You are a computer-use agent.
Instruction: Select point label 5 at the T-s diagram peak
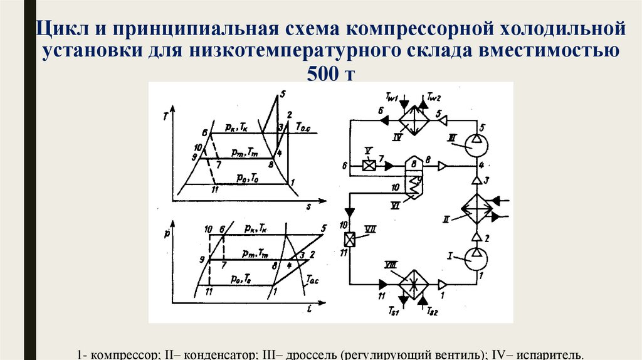283,95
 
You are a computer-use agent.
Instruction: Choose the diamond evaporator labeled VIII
414,283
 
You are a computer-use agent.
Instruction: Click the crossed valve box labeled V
369,166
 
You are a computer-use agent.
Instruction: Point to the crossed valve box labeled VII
349,239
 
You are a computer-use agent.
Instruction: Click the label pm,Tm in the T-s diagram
242,153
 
